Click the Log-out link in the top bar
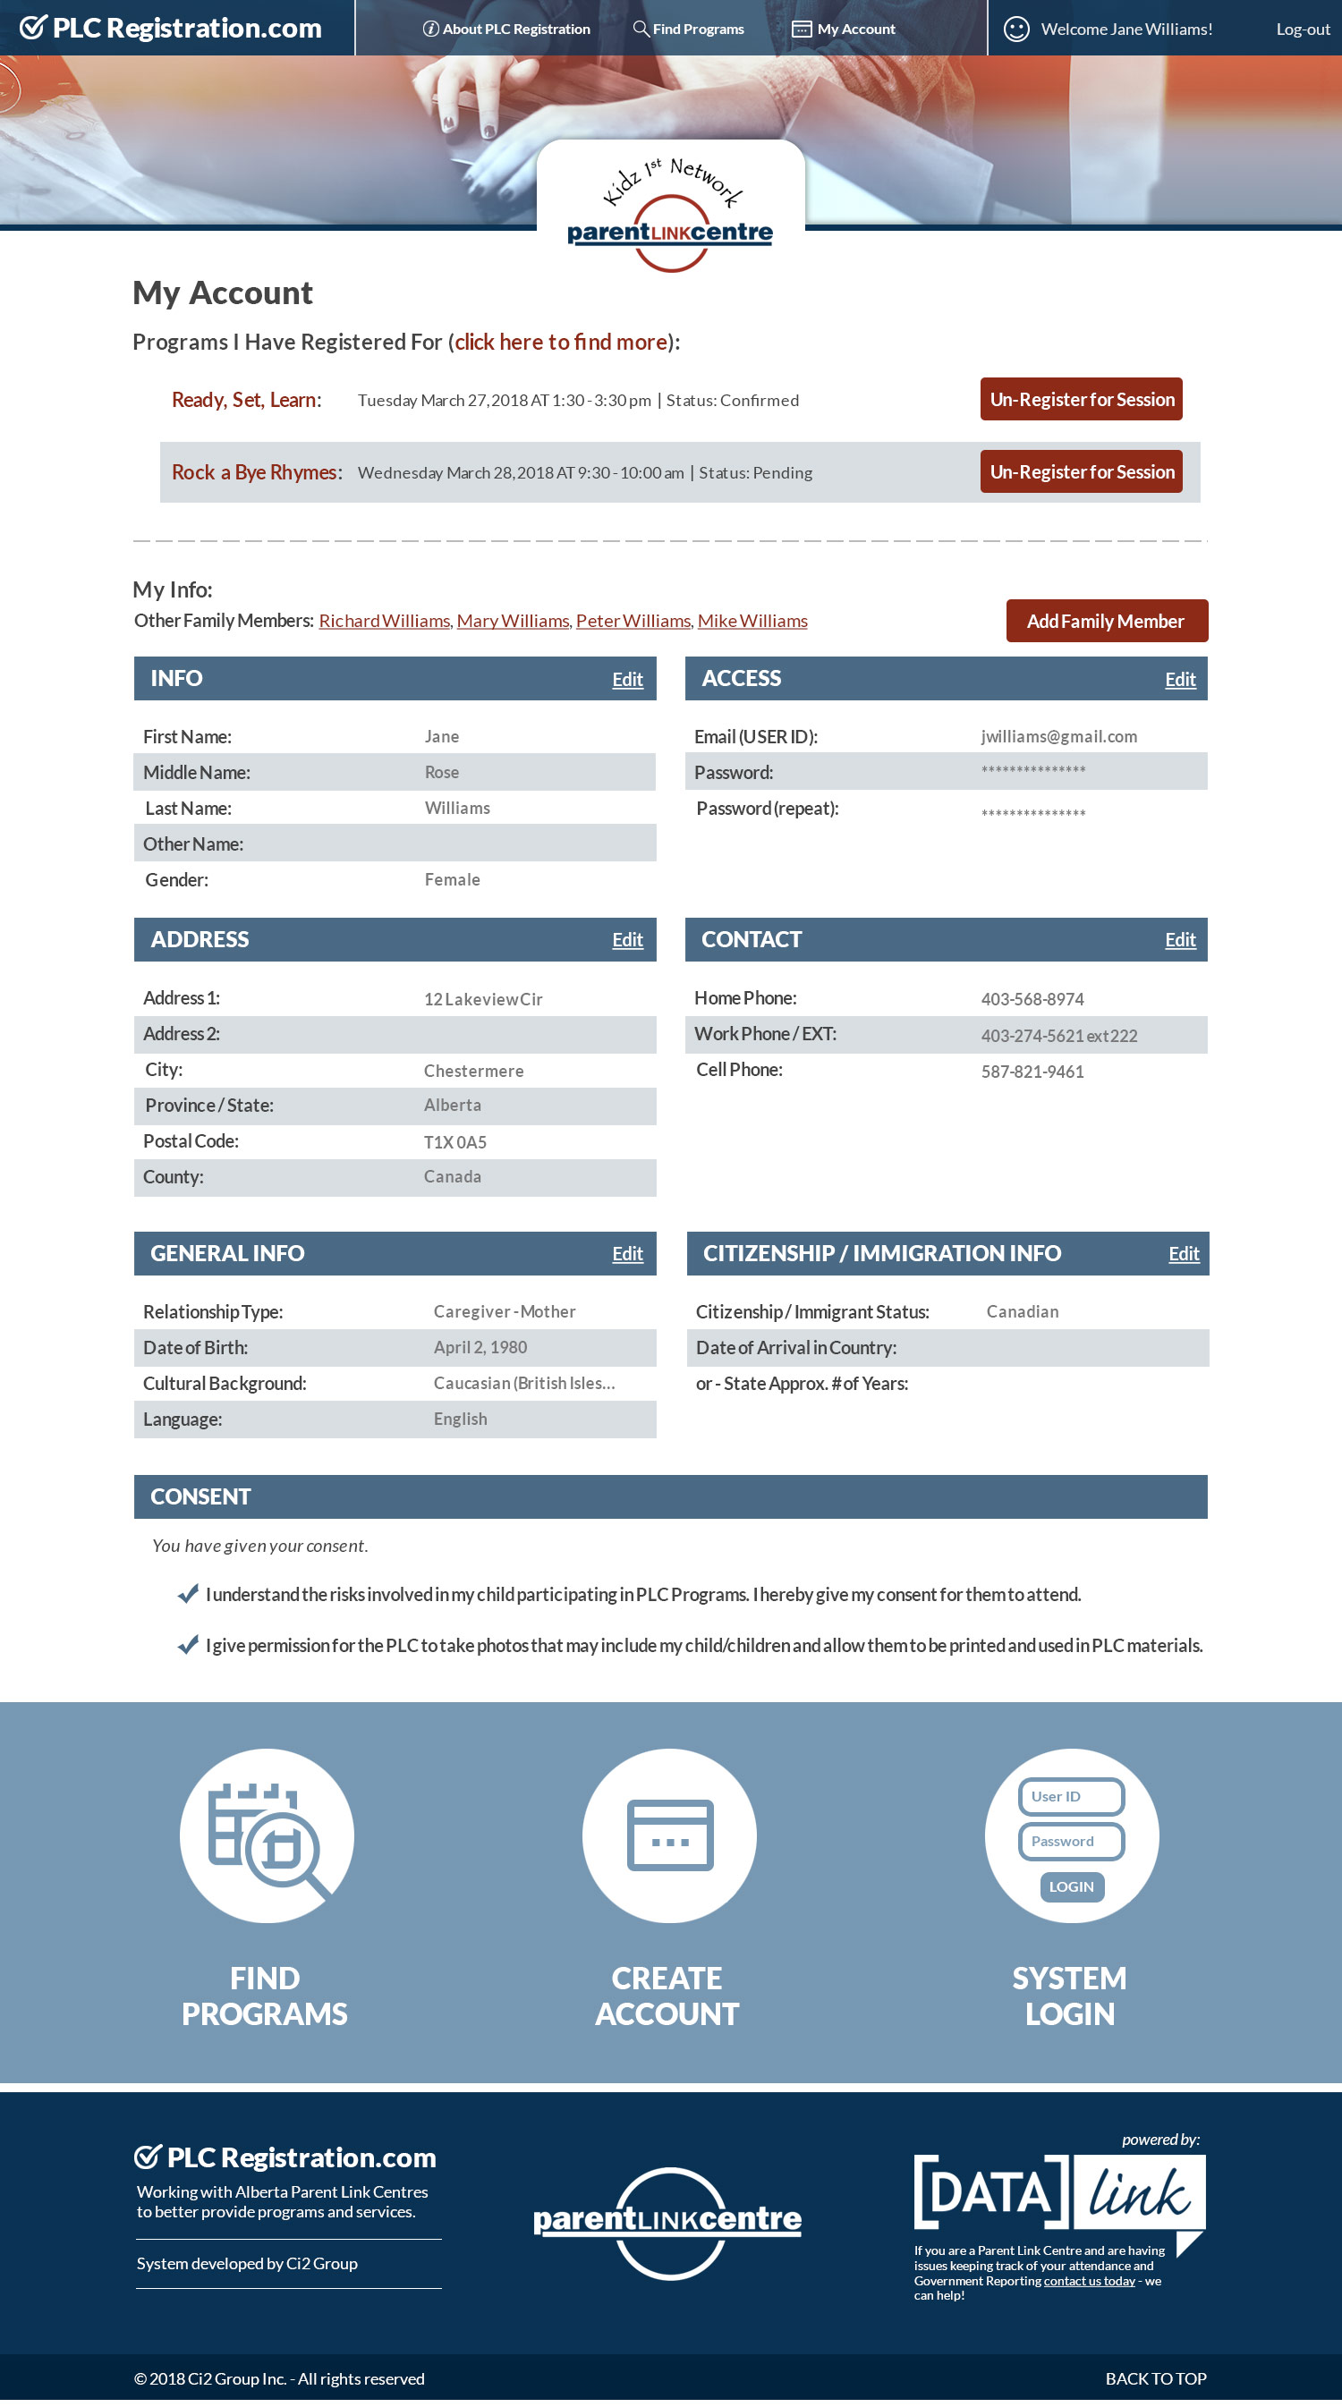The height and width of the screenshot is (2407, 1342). point(1302,29)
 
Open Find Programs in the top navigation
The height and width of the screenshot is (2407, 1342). point(689,29)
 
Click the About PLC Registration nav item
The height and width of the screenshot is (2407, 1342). point(506,29)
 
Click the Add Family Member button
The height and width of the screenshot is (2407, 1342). point(1106,622)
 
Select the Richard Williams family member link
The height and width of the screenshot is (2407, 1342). point(384,622)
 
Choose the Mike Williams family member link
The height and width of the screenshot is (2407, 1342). point(752,622)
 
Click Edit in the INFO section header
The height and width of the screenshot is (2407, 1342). point(627,680)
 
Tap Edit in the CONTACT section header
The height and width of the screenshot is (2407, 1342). point(1179,940)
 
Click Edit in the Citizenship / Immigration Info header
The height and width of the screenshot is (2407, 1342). point(1183,1254)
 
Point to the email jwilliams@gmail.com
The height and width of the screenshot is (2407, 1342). point(1058,737)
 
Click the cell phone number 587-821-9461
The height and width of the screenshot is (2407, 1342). point(1032,1072)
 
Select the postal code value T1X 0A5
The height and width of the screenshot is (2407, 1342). point(455,1143)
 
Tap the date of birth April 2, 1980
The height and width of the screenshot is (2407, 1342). point(480,1347)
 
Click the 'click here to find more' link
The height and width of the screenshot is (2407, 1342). point(561,343)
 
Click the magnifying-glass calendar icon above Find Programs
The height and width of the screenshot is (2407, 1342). point(267,1835)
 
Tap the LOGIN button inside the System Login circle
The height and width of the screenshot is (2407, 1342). point(1071,1886)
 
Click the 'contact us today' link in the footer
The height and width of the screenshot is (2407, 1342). point(1089,2281)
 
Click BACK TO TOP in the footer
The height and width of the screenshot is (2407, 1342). point(1155,2378)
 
